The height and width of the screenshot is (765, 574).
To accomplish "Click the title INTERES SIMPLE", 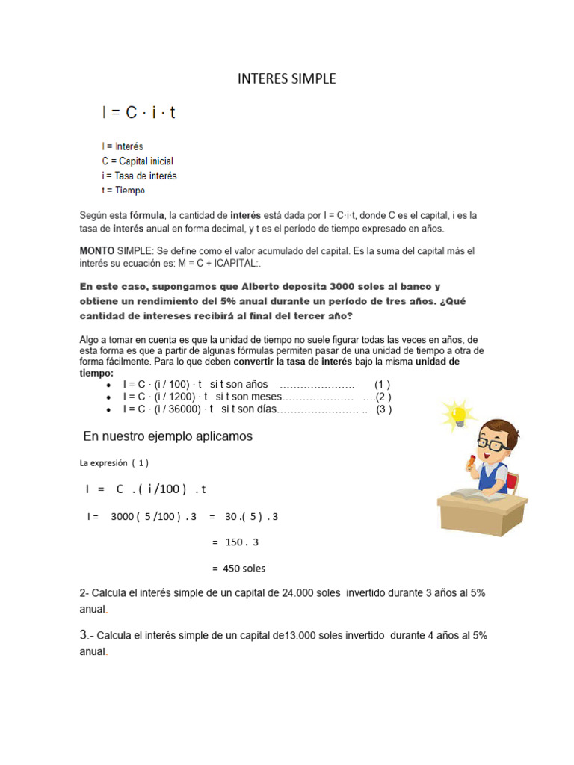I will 286,78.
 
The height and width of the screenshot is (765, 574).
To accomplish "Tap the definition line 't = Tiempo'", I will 123,190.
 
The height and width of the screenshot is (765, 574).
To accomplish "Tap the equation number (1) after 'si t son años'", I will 382,384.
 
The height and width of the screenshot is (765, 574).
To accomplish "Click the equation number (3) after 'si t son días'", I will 383,409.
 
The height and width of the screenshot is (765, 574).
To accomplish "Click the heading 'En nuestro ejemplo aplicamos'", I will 167,436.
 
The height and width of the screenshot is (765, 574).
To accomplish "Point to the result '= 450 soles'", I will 238,568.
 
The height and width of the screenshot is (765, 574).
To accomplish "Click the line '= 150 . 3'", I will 235,542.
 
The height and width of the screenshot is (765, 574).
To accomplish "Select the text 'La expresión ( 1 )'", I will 114,462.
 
